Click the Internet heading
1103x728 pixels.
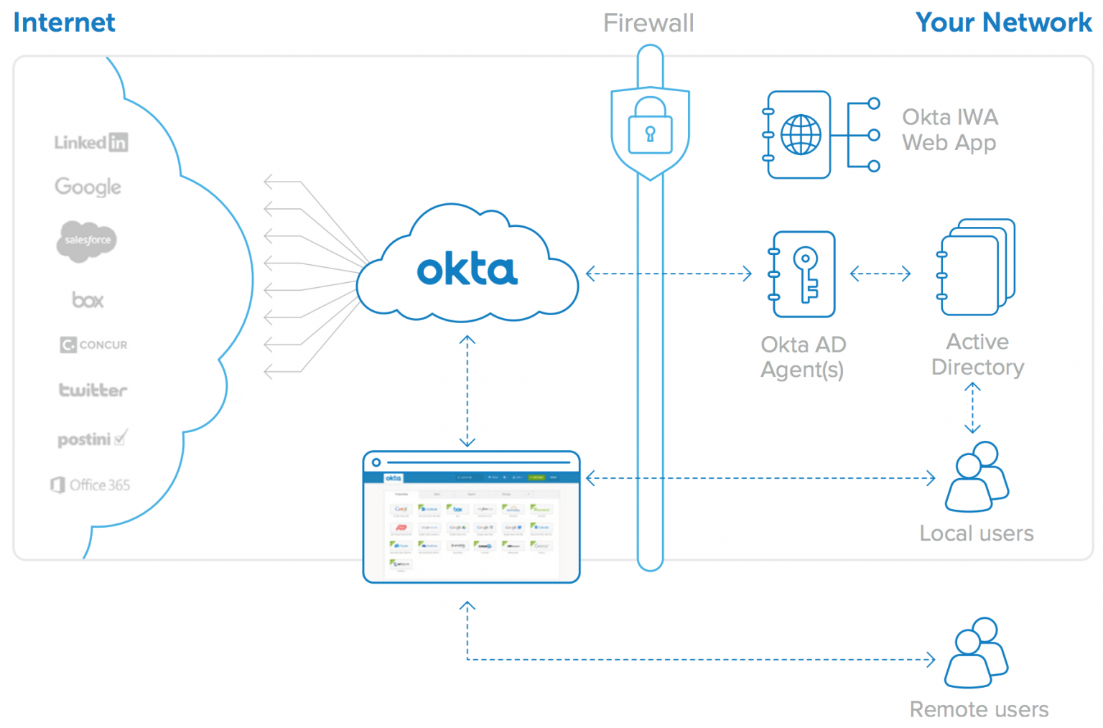click(x=64, y=23)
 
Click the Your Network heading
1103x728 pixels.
click(x=1002, y=23)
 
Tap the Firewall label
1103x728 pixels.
click(x=648, y=23)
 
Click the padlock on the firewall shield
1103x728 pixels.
click(x=650, y=128)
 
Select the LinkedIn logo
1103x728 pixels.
click(x=91, y=142)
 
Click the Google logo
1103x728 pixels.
click(x=88, y=187)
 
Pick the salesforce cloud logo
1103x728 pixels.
click(x=87, y=241)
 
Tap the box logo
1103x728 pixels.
click(x=88, y=300)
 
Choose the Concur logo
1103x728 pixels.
click(x=93, y=345)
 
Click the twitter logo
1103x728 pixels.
click(x=93, y=390)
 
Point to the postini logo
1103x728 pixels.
click(x=92, y=439)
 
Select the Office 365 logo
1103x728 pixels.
click(x=90, y=485)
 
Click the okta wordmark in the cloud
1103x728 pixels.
click(x=467, y=269)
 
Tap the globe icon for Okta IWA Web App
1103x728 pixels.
click(x=801, y=134)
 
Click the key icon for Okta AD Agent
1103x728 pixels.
click(x=806, y=274)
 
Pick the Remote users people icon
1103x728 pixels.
click(x=977, y=653)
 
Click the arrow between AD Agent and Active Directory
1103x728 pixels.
click(x=880, y=274)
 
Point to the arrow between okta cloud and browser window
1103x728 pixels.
click(x=467, y=391)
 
